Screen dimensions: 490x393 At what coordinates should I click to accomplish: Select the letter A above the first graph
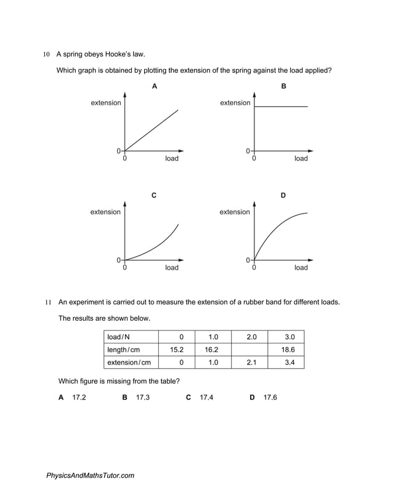pyautogui.click(x=154, y=86)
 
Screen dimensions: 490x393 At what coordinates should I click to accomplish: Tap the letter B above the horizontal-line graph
pyautogui.click(x=283, y=86)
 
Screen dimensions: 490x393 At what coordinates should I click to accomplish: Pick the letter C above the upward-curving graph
pyautogui.click(x=154, y=195)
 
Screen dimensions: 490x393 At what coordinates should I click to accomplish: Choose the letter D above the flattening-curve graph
pyautogui.click(x=283, y=195)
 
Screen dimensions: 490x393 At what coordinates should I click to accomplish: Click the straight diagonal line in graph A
pyautogui.click(x=152, y=130)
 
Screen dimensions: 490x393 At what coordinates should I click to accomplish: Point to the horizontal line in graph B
pyautogui.click(x=281, y=107)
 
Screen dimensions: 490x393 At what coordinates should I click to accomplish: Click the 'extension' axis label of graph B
pyautogui.click(x=235, y=103)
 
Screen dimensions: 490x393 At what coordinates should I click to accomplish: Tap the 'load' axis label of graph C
pyautogui.click(x=172, y=268)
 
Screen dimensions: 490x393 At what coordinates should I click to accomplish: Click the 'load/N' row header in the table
pyautogui.click(x=119, y=337)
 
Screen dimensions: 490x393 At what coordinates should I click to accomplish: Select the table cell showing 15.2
pyautogui.click(x=177, y=350)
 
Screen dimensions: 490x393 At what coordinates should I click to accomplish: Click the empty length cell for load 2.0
pyautogui.click(x=250, y=350)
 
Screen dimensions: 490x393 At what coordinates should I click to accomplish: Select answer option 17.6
pyautogui.click(x=270, y=398)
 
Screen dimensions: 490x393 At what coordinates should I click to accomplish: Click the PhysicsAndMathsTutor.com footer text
pyautogui.click(x=90, y=475)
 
